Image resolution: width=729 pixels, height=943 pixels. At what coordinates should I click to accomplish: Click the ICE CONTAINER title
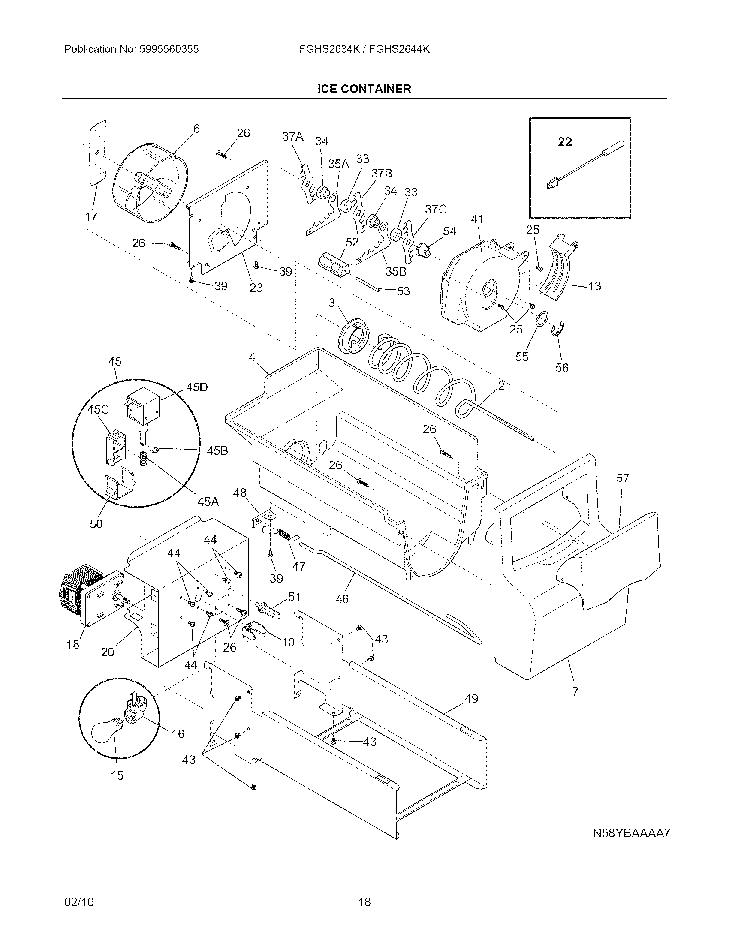pyautogui.click(x=364, y=89)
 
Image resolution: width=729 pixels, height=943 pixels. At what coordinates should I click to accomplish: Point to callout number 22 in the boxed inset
pyautogui.click(x=565, y=141)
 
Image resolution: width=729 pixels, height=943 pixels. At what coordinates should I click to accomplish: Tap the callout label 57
pyautogui.click(x=623, y=478)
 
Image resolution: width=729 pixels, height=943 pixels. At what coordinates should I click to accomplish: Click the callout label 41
pyautogui.click(x=477, y=219)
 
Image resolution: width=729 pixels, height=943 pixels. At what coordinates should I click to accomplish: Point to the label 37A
pyautogui.click(x=293, y=137)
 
